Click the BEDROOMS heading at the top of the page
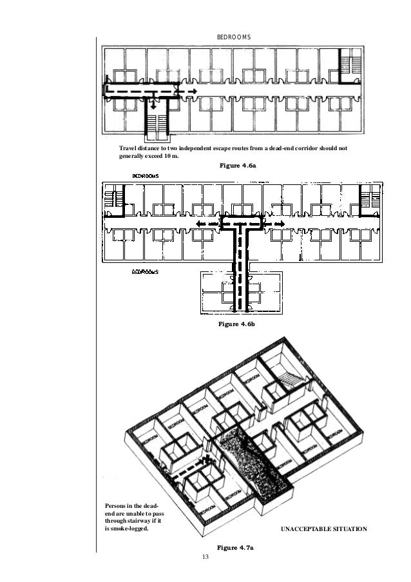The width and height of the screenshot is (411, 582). pyautogui.click(x=238, y=39)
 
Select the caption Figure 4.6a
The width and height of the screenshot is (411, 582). pyautogui.click(x=238, y=166)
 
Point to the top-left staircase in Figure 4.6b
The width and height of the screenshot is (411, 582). pyautogui.click(x=113, y=197)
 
